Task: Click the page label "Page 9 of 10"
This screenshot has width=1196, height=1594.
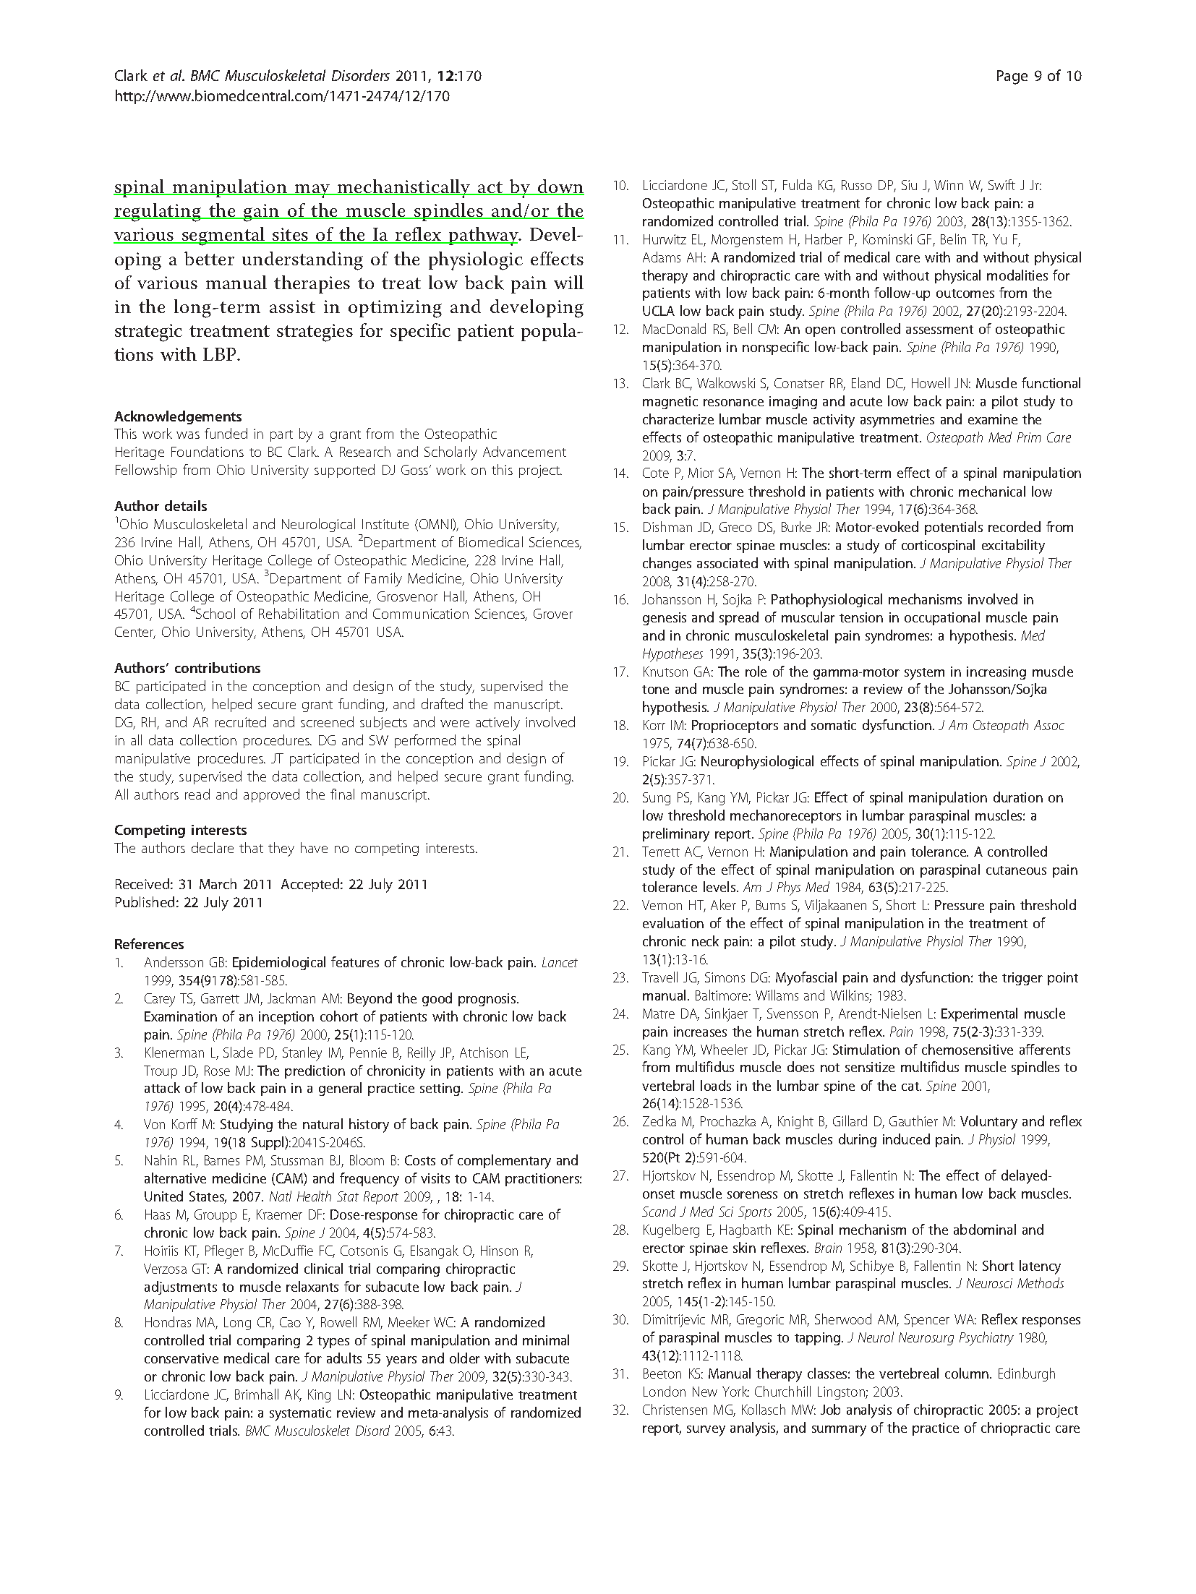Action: coord(1038,76)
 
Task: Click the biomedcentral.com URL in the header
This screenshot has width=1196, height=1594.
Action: coord(283,95)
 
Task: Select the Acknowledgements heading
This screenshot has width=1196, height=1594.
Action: coord(178,416)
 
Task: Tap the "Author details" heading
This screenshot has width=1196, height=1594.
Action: coord(161,506)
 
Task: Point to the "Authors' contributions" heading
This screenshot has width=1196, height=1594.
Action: coord(187,668)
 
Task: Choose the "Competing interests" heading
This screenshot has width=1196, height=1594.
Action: coord(180,830)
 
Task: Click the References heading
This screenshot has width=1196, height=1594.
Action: coord(149,944)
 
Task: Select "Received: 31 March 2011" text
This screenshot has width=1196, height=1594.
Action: coord(193,884)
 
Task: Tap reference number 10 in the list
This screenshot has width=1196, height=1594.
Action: coord(620,186)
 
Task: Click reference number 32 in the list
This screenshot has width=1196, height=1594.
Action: coord(620,1410)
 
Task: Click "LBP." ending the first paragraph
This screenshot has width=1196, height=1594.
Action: coord(220,355)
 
